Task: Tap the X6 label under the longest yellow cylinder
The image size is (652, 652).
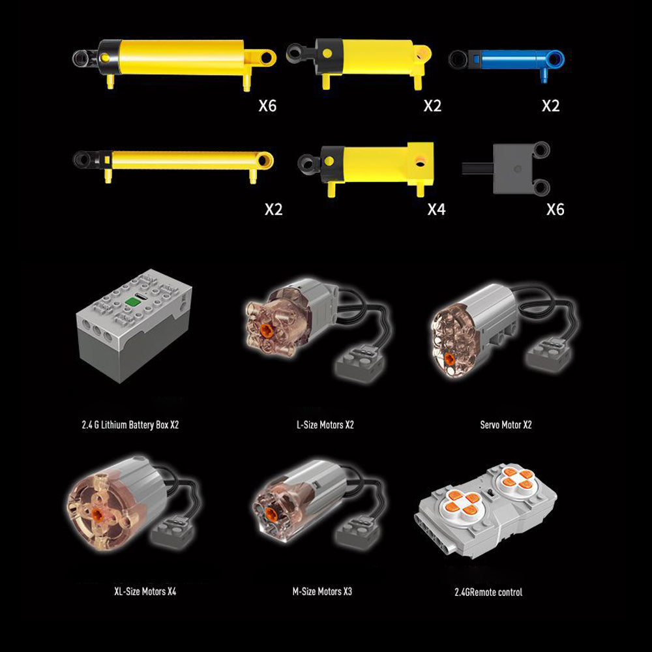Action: [x=267, y=106]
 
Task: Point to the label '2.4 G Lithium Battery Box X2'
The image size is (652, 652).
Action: [x=130, y=425]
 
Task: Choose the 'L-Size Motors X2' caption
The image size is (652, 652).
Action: [x=325, y=425]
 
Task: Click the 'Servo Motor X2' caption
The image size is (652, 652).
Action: [x=506, y=425]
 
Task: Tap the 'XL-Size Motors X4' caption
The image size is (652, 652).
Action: [x=145, y=591]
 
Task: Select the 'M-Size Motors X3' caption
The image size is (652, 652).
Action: [x=322, y=591]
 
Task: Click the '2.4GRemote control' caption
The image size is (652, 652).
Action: [x=488, y=592]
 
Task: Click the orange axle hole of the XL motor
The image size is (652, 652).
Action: [x=98, y=512]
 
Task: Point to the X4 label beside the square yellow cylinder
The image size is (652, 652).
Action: [x=437, y=209]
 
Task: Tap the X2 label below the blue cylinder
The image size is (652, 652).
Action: [x=550, y=106]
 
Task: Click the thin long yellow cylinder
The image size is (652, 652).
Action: [x=173, y=164]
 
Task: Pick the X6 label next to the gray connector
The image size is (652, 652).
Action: [x=556, y=209]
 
